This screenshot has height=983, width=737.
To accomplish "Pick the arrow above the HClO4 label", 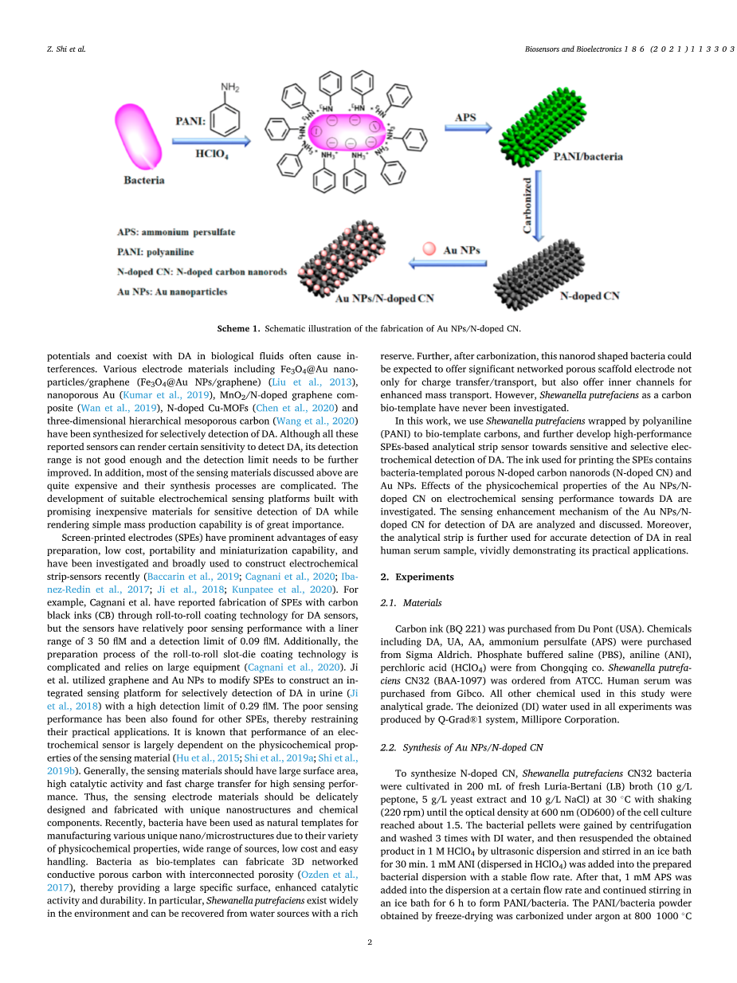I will (214, 142).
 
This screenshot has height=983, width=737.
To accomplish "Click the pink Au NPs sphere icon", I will (429, 249).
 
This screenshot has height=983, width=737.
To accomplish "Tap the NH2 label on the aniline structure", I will (230, 87).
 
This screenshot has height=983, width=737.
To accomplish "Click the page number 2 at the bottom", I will (370, 942).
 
